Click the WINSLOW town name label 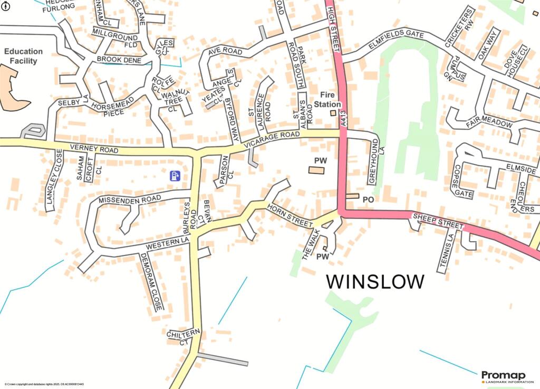coord(375,281)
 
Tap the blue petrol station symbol coord(175,176)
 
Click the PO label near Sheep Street coord(368,200)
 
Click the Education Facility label coord(23,56)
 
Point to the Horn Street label coord(290,216)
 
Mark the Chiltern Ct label coord(183,336)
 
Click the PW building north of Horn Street coord(316,170)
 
